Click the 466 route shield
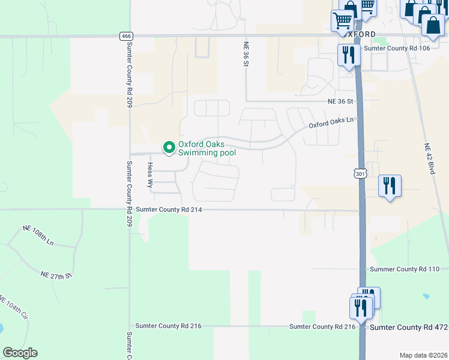[125, 36]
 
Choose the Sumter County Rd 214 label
[169, 209]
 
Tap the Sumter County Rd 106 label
[397, 47]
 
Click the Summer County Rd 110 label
[406, 269]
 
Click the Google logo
[20, 353]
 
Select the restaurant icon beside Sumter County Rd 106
[348, 55]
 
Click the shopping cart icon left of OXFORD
[342, 21]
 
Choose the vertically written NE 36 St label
[246, 55]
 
